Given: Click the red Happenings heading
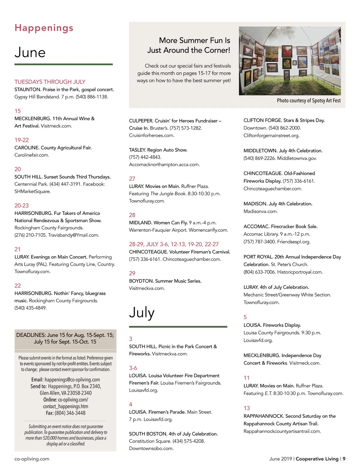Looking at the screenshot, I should pyautogui.click(x=44, y=28).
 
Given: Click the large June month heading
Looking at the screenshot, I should pyautogui.click(x=30, y=53).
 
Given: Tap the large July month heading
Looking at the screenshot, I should pyautogui.click(x=142, y=313).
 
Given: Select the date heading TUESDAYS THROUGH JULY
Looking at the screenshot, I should pyautogui.click(x=50, y=82).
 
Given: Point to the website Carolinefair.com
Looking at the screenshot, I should pyautogui.click(x=32, y=155).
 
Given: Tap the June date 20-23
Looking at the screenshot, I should pyautogui.click(x=22, y=205).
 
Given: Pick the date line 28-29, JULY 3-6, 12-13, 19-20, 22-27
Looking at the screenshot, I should pyautogui.click(x=174, y=244).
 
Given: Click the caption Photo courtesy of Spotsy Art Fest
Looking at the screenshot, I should pyautogui.click(x=308, y=101).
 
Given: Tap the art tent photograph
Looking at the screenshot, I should pyautogui.click(x=289, y=61).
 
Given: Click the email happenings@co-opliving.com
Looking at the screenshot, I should pyautogui.click(x=72, y=380).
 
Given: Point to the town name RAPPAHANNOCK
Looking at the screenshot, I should pyautogui.click(x=264, y=416).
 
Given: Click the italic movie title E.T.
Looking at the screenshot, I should pyautogui.click(x=268, y=393).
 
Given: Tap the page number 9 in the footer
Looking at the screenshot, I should pyautogui.click(x=344, y=459).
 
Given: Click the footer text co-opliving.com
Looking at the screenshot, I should pyautogui.click(x=32, y=459).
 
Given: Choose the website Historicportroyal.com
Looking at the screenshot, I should pyautogui.click(x=300, y=272).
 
